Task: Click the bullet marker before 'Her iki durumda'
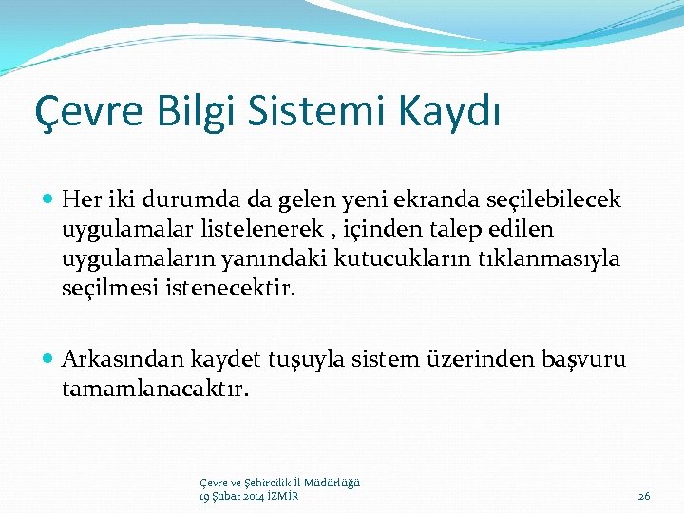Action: (49, 200)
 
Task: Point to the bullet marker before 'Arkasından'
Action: (49, 359)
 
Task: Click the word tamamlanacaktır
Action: (155, 388)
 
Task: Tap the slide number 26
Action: (643, 496)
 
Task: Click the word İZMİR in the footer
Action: (281, 496)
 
